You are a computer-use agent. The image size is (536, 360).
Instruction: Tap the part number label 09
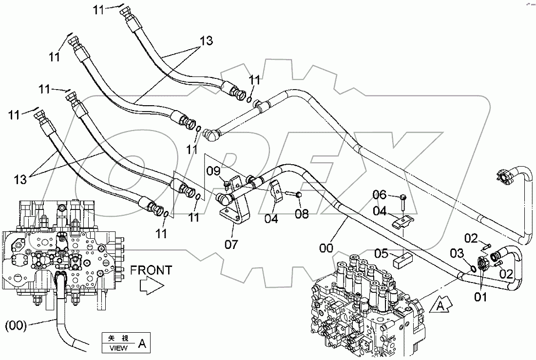[213, 171]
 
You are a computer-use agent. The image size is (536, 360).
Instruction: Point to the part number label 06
[380, 196]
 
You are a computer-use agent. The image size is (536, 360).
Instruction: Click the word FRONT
[151, 269]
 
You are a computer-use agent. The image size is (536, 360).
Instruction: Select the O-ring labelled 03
[471, 267]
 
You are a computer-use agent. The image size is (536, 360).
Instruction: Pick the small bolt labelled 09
[227, 184]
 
